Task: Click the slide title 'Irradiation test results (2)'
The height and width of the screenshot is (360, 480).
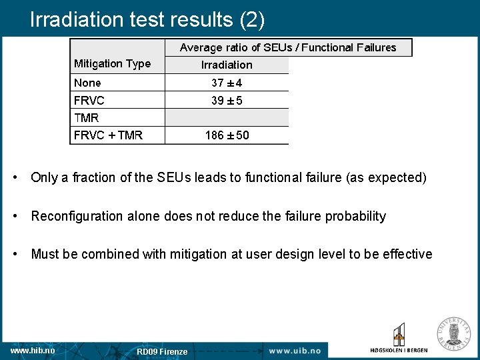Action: click(x=147, y=19)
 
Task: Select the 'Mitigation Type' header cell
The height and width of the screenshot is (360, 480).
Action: click(x=112, y=64)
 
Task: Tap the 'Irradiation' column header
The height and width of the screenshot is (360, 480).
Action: click(x=227, y=65)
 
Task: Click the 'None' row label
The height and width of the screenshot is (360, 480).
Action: click(x=87, y=83)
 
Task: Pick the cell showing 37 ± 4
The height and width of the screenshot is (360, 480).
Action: click(x=227, y=83)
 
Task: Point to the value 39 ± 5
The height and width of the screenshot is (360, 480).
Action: click(x=227, y=100)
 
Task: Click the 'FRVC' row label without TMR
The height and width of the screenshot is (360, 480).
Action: click(x=89, y=100)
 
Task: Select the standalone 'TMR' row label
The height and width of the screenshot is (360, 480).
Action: click(x=86, y=118)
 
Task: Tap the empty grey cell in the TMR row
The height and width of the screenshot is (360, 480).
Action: click(x=227, y=118)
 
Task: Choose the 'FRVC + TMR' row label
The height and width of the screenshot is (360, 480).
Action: click(x=108, y=135)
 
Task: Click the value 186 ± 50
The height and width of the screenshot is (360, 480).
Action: click(x=227, y=135)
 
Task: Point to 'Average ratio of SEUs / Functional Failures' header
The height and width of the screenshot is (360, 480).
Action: click(x=288, y=47)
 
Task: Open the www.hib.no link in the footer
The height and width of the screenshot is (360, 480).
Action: click(x=33, y=350)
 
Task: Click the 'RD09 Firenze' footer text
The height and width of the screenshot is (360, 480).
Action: click(x=162, y=351)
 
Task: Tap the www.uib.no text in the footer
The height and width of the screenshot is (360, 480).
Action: click(x=295, y=351)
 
